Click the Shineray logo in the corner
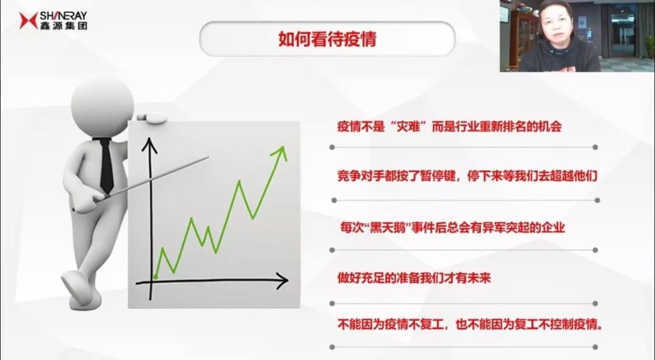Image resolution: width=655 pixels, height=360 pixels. pos(53,21)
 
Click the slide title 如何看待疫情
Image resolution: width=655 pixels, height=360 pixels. pos(327,39)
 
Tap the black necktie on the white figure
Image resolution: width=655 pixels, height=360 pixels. pos(106,165)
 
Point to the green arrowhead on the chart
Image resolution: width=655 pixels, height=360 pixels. pos(280,153)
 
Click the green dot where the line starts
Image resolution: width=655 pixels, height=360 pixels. pos(155,276)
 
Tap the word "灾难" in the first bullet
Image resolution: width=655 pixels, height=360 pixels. pos(408,127)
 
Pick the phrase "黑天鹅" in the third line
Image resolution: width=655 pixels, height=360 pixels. pos(386,228)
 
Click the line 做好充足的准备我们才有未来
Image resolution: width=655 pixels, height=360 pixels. pos(414,278)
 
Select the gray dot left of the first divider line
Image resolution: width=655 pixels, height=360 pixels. pos(332,147)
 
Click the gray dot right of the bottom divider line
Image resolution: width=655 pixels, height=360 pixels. pos(596,347)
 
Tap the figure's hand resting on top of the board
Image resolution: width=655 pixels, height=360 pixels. pos(151,117)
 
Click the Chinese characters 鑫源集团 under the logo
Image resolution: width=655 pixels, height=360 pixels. pos(64,25)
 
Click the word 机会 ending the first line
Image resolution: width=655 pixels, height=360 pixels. pos(549,127)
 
